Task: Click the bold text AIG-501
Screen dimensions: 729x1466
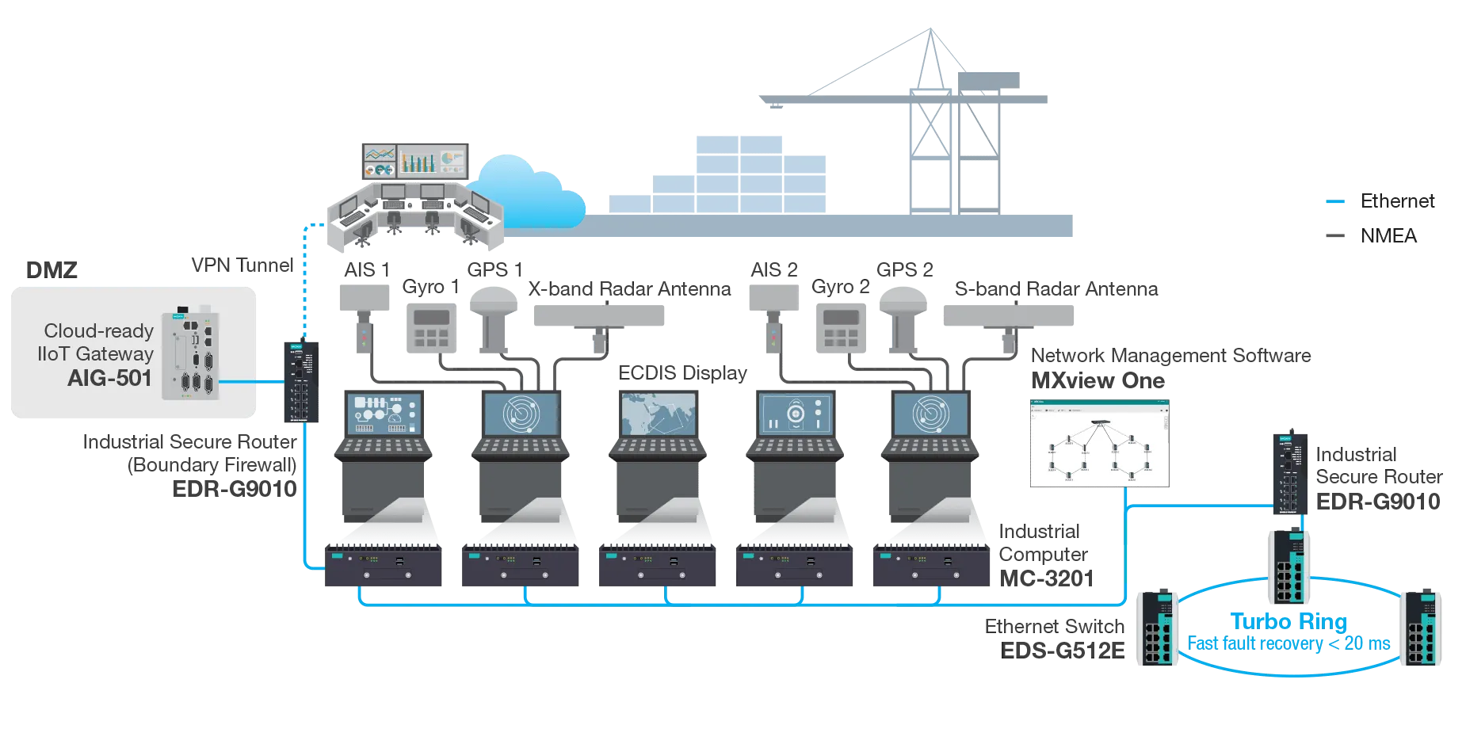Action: coord(109,378)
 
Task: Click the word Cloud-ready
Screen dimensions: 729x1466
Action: coord(98,330)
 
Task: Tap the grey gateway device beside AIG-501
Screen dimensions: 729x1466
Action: coord(189,354)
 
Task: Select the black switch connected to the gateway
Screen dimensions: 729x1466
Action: coord(301,380)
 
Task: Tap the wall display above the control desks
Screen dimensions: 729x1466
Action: coord(414,160)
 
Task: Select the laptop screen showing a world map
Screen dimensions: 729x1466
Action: coord(658,414)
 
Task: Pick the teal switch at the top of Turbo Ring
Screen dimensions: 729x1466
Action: coord(1289,566)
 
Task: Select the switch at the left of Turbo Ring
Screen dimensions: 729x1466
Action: coord(1156,626)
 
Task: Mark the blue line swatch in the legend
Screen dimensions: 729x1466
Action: coord(1337,202)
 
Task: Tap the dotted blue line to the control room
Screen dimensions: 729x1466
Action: coord(303,277)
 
